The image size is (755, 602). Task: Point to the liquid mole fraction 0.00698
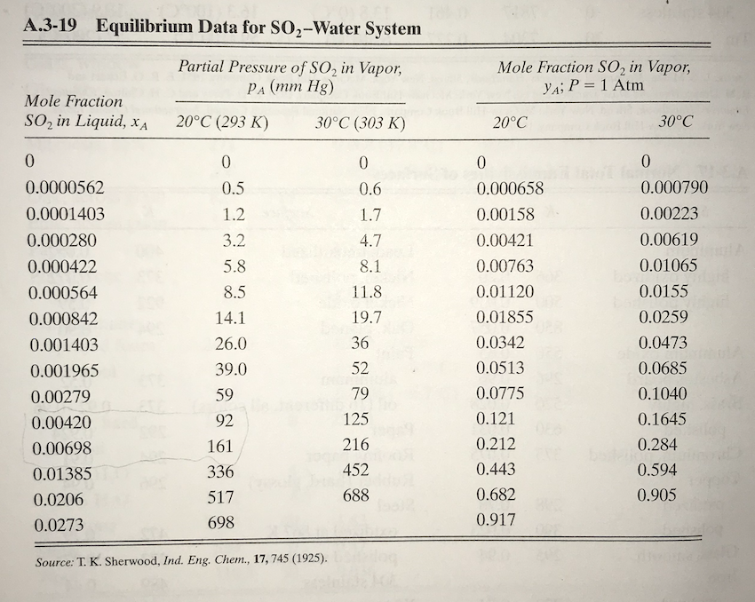click(57, 448)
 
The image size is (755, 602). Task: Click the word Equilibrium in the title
click(138, 28)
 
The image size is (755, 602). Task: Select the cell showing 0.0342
click(500, 343)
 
